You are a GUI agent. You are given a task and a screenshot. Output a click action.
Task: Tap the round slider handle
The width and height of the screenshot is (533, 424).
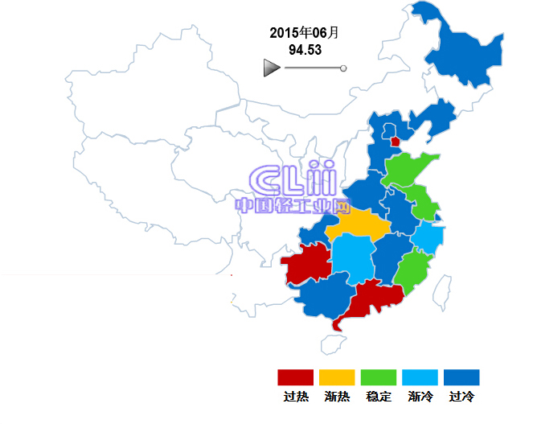tap(343, 68)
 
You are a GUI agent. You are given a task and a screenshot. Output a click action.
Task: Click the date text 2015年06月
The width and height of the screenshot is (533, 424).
tap(304, 33)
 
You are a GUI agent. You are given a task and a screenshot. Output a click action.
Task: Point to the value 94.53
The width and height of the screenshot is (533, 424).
tap(305, 50)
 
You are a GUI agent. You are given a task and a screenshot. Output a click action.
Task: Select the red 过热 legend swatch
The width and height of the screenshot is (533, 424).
tap(295, 377)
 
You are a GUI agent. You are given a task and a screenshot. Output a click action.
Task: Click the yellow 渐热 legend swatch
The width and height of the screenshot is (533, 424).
tap(337, 377)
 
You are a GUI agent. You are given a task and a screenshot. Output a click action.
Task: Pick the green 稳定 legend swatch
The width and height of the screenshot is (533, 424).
tap(379, 377)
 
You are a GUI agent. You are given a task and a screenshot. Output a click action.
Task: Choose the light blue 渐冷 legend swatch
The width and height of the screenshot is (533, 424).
tap(420, 377)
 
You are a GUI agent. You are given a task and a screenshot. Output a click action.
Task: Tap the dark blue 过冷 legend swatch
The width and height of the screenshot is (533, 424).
tap(462, 377)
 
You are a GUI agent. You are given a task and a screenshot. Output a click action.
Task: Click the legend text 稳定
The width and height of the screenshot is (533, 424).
tap(379, 397)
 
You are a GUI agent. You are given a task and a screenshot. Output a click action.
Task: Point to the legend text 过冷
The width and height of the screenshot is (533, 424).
tap(462, 397)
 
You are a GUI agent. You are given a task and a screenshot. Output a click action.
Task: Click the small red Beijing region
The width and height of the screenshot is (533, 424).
tap(395, 142)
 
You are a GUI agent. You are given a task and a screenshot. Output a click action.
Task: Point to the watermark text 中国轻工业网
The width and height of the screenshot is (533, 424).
tap(293, 205)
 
